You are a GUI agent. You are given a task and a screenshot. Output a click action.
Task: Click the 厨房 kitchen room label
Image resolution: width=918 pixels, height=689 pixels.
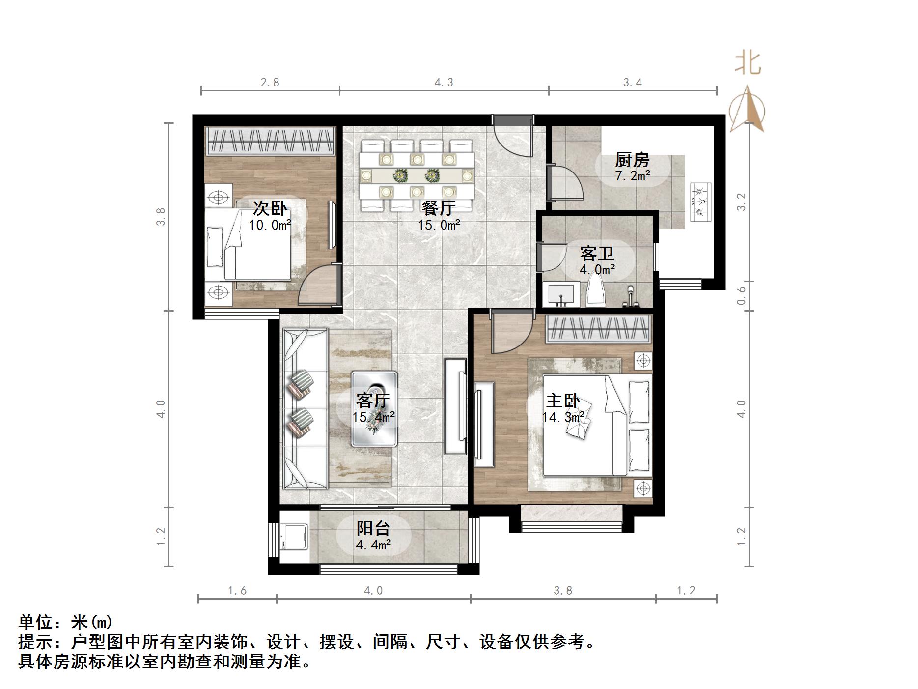[632, 160]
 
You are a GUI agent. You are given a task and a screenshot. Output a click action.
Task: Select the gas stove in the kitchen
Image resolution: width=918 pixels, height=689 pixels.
[701, 202]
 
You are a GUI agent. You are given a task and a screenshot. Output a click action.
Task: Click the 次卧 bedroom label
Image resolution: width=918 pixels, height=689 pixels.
[270, 208]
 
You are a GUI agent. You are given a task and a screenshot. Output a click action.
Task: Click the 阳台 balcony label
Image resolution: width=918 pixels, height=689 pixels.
[373, 528]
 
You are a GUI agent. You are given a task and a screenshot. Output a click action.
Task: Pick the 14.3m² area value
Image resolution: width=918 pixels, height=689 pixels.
[563, 418]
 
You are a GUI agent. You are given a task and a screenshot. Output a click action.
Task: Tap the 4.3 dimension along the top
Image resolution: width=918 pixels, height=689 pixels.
[444, 83]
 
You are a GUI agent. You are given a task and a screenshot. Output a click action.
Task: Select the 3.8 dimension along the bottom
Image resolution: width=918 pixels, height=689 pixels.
[563, 591]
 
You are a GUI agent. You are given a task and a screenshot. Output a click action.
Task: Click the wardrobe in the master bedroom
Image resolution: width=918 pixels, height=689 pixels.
[599, 329]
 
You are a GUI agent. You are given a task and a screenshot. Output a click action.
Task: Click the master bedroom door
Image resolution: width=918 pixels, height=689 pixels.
[511, 332]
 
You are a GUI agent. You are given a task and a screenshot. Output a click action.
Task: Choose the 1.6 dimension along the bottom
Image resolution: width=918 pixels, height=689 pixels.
[237, 591]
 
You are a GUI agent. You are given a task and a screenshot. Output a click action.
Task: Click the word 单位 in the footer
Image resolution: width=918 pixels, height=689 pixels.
[35, 623]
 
